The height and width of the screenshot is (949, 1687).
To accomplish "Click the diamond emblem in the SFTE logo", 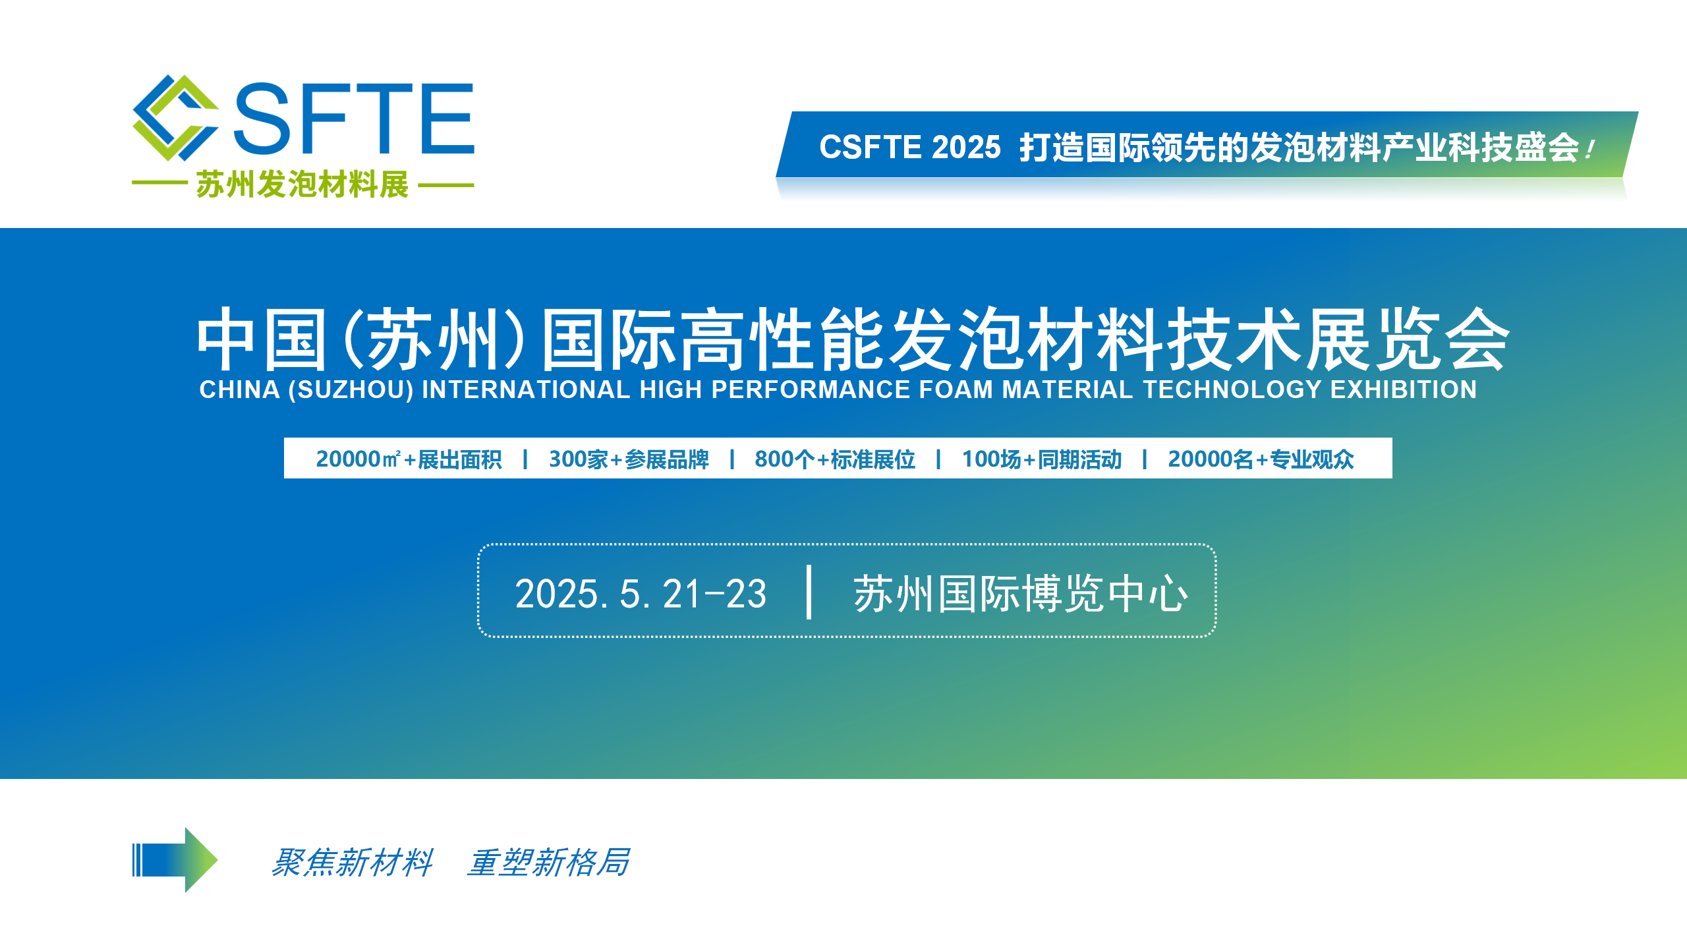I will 175,117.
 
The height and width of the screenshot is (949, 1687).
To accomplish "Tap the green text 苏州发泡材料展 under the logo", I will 302,185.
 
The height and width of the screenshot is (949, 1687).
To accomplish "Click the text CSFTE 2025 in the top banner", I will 909,147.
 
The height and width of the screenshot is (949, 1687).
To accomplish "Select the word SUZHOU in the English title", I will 351,389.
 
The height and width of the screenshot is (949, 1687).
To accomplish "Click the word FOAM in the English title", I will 956,389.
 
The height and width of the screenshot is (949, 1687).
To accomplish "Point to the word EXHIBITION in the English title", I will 1403,389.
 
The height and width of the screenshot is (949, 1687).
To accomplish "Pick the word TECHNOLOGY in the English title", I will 1232,389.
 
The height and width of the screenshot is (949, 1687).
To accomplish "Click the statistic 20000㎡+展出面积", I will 409,459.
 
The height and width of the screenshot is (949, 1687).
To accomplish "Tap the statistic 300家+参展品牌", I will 629,459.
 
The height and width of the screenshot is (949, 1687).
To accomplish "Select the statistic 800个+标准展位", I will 835,459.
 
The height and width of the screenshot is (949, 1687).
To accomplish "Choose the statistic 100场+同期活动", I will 1041,459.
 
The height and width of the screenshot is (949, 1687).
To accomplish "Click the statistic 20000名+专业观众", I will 1261,459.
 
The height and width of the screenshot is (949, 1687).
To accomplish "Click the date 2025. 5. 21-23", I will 641,594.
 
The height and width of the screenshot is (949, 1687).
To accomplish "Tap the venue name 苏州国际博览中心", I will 1020,594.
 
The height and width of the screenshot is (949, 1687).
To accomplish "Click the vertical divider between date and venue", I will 809,592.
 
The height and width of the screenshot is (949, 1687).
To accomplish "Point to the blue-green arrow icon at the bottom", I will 175,860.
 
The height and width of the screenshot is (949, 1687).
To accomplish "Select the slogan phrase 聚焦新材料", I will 352,863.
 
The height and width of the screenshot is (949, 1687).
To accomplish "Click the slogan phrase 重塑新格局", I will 548,863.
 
